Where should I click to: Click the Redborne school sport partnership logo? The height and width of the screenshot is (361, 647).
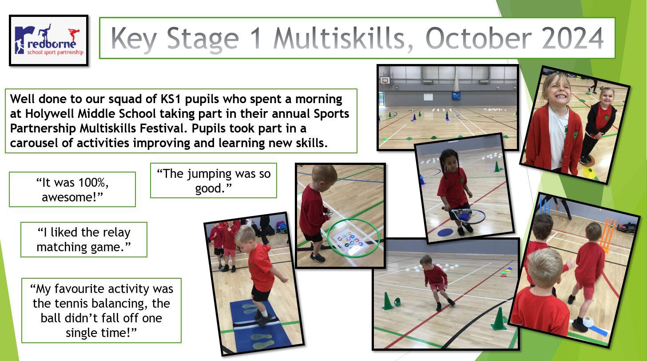[49, 40]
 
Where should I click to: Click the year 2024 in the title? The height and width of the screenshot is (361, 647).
[572, 39]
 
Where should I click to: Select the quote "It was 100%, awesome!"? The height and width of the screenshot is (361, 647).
[72, 190]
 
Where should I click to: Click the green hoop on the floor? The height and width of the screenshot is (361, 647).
[353, 238]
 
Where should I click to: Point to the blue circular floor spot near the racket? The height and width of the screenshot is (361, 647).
[445, 232]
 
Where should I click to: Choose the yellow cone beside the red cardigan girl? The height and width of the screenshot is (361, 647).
[589, 172]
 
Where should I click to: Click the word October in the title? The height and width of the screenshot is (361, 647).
[478, 39]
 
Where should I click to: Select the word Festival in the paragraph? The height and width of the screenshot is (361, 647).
[163, 128]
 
